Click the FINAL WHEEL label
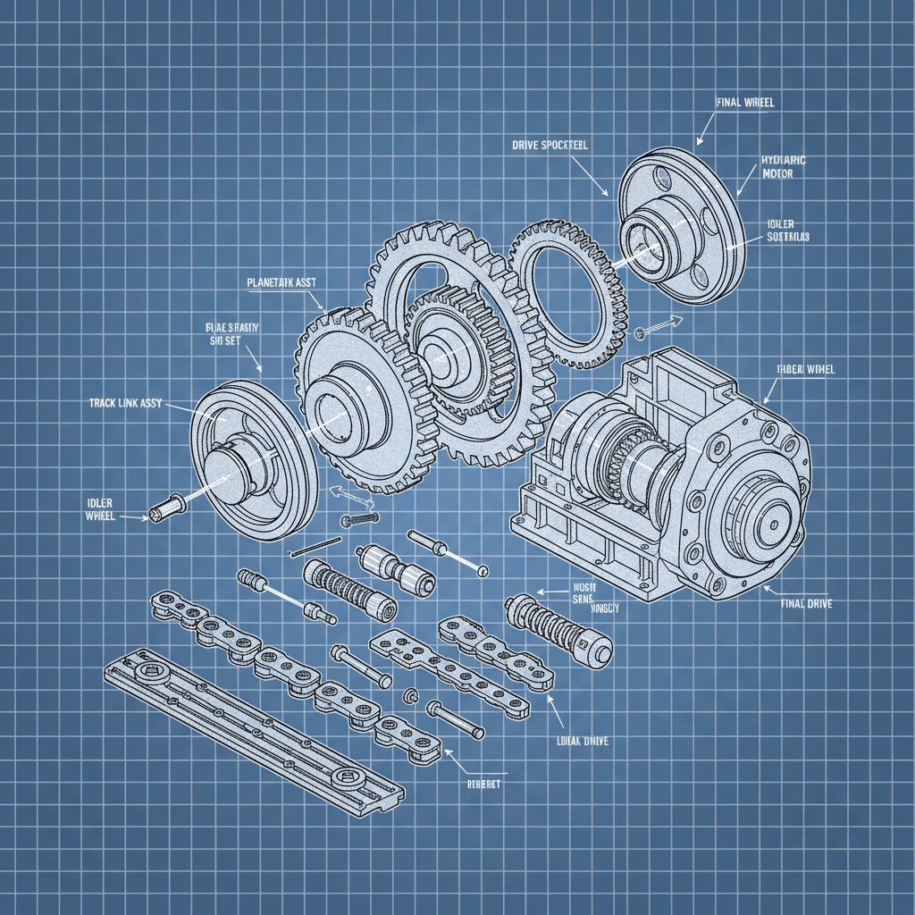click(x=745, y=103)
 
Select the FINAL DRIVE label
click(x=806, y=605)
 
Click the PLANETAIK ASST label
click(x=281, y=282)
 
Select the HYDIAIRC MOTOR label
click(x=784, y=167)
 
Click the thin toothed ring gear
click(x=568, y=295)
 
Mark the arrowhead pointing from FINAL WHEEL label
click(x=699, y=141)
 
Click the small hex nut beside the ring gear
click(x=640, y=333)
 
